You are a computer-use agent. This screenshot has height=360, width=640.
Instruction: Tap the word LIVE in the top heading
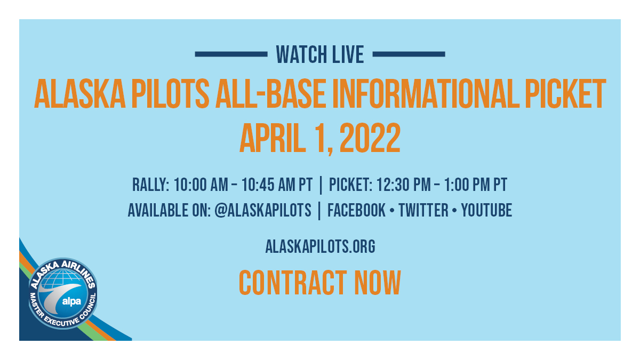[348, 54]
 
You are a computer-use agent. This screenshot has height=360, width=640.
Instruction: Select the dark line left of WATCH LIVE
[231, 54]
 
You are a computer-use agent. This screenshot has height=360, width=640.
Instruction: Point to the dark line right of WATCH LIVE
[409, 54]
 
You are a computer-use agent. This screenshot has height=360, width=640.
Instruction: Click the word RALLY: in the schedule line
[151, 185]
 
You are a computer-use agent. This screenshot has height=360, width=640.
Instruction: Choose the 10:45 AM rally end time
[276, 185]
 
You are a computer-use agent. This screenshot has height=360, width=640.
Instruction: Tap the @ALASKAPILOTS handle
[262, 210]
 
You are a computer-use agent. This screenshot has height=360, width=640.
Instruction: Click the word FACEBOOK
[356, 210]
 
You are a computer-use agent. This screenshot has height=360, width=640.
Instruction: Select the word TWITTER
[423, 210]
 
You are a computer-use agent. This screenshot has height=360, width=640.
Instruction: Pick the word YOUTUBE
[486, 210]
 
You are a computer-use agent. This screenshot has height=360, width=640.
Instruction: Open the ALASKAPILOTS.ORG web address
[320, 246]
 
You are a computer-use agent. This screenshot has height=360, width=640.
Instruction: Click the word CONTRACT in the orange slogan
[289, 283]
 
